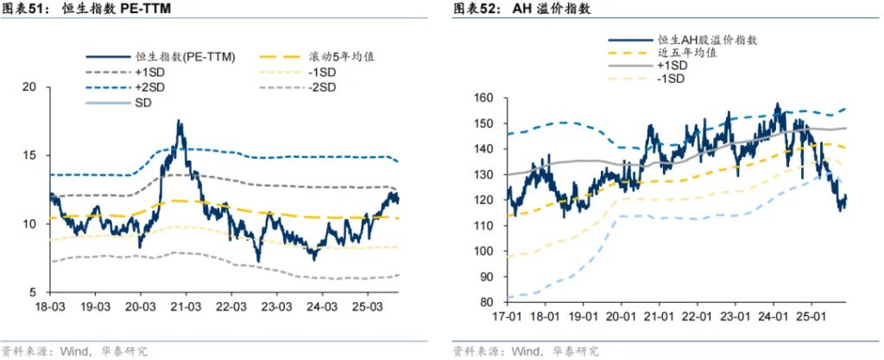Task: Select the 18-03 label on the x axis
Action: click(x=50, y=307)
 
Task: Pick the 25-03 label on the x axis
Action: click(x=365, y=307)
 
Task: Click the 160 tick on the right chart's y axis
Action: click(x=484, y=98)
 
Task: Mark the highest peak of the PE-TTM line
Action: click(x=180, y=122)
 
